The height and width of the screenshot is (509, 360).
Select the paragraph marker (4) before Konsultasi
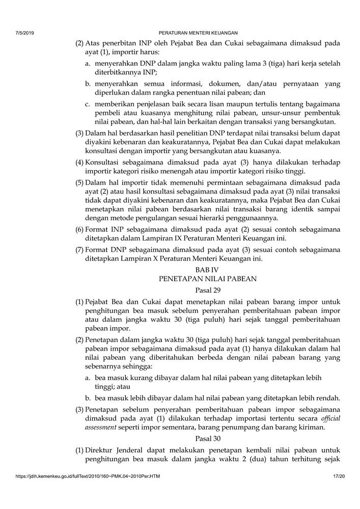[x=80, y=162]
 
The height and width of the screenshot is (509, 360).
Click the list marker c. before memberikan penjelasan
[x=88, y=103]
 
